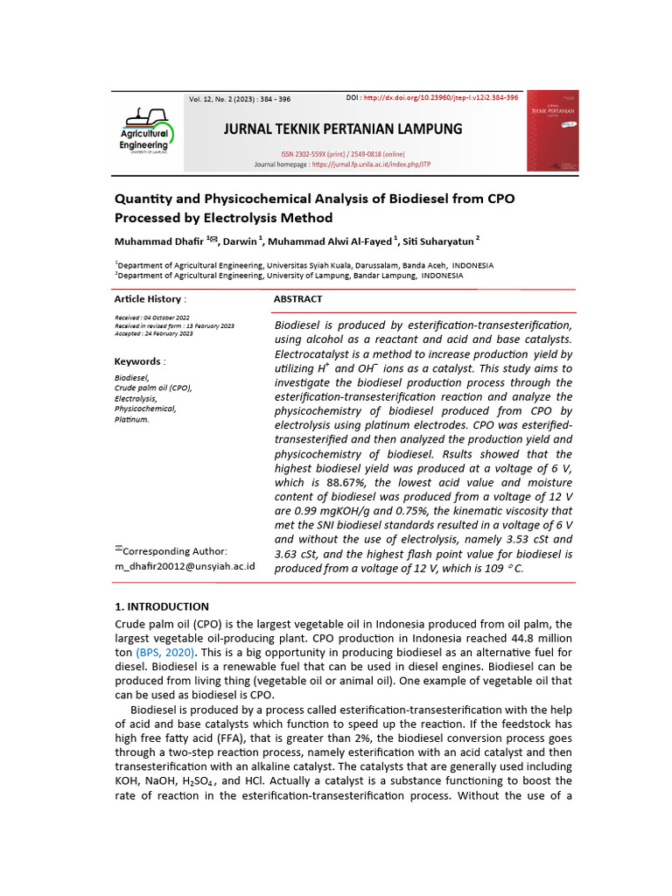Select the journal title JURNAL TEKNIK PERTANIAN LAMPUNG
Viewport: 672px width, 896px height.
coord(343,129)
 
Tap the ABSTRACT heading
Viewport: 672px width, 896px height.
coord(298,298)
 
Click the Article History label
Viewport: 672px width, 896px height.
coord(149,298)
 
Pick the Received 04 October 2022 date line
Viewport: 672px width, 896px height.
coord(152,317)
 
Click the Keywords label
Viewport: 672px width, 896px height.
coord(138,361)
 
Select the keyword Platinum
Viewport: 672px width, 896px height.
coord(132,419)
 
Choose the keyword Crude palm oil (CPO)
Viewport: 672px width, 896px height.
coord(153,388)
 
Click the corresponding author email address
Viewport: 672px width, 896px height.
coord(185,566)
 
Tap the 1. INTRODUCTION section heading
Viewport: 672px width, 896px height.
coord(162,606)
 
